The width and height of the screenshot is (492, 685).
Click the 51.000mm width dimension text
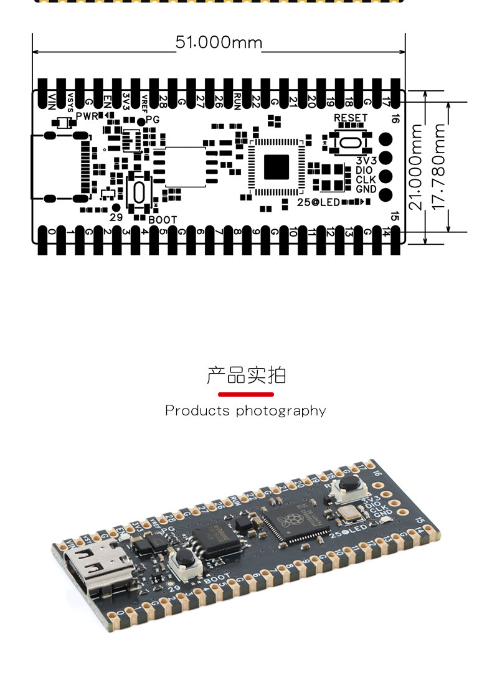point(219,42)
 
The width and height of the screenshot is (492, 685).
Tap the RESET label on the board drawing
point(351,118)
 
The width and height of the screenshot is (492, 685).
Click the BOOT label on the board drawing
point(163,220)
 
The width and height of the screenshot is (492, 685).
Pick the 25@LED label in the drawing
point(318,202)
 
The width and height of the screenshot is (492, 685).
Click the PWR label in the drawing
point(87,116)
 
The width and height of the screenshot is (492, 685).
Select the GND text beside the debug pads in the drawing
point(366,189)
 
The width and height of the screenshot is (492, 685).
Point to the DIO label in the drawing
point(364,170)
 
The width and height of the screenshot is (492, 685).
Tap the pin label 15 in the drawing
point(394,216)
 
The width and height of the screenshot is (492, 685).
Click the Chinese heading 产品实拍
point(246,376)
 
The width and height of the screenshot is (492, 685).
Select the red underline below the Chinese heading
point(246,394)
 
